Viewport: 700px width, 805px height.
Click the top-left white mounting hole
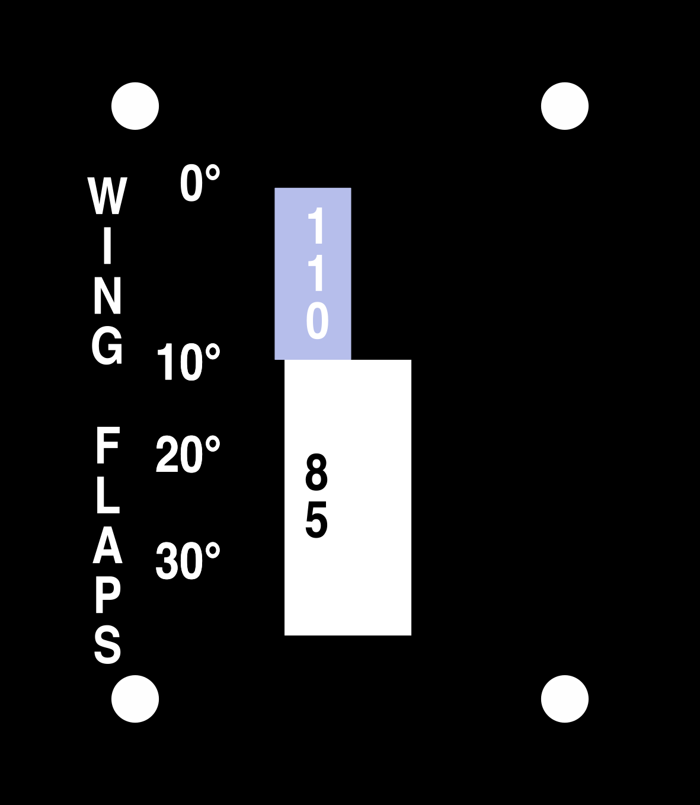pyautogui.click(x=135, y=106)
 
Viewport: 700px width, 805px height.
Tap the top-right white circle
pyautogui.click(x=565, y=106)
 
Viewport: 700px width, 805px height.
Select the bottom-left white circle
pyautogui.click(x=135, y=699)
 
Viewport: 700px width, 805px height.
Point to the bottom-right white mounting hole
pyautogui.click(x=565, y=699)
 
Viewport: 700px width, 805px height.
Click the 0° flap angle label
pyautogui.click(x=200, y=183)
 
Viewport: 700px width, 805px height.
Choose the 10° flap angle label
pyautogui.click(x=188, y=362)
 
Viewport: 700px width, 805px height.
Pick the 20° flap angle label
pyautogui.click(x=188, y=455)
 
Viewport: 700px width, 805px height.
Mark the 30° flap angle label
pyautogui.click(x=188, y=561)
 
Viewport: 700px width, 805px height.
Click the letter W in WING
pyautogui.click(x=107, y=196)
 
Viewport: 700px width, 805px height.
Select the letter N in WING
pyautogui.click(x=107, y=295)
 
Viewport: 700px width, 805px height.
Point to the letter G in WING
pyautogui.click(x=107, y=346)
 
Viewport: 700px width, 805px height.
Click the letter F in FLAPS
pyautogui.click(x=107, y=445)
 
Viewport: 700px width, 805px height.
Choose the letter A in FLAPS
pyautogui.click(x=107, y=546)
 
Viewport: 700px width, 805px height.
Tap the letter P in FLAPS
pyautogui.click(x=107, y=596)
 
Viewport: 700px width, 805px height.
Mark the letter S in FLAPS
pyautogui.click(x=107, y=646)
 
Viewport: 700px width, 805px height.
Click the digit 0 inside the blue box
pyautogui.click(x=317, y=321)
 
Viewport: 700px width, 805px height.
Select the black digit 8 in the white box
pyautogui.click(x=316, y=472)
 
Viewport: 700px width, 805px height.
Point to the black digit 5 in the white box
pyautogui.click(x=316, y=520)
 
